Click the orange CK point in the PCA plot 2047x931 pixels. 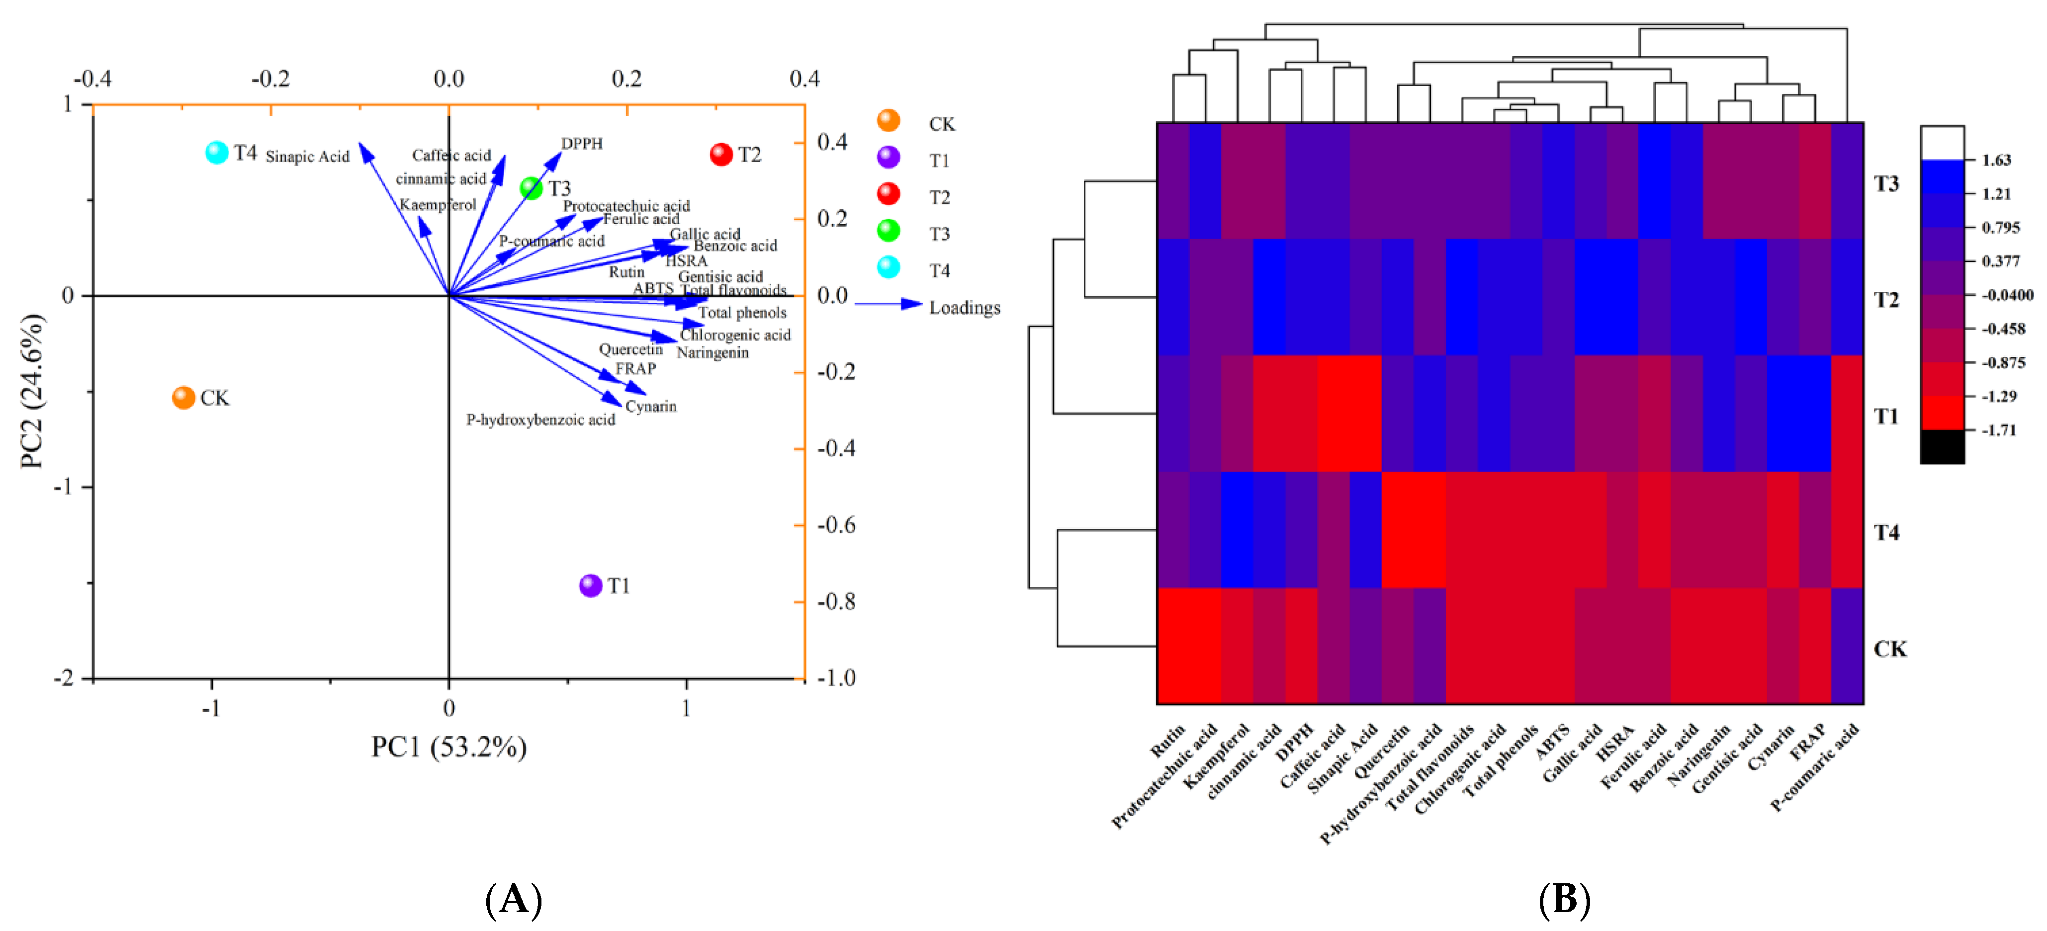point(183,397)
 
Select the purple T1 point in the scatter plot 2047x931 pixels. point(590,586)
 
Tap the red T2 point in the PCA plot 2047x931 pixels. point(721,154)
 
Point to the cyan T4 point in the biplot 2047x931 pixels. point(216,152)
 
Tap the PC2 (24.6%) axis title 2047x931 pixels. point(32,391)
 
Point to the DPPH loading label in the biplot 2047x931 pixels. point(582,144)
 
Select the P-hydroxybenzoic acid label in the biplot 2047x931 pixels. point(540,420)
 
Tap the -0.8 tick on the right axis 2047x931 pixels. point(836,602)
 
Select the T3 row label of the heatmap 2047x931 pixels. point(1886,183)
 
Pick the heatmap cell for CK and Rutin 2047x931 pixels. point(1173,646)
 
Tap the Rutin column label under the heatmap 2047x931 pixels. point(1167,740)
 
